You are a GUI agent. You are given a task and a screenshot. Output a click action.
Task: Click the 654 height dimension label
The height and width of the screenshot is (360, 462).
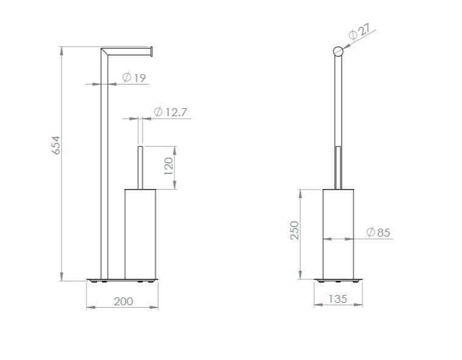(56, 145)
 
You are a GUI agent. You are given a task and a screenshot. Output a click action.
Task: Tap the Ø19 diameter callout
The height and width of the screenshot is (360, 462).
(134, 78)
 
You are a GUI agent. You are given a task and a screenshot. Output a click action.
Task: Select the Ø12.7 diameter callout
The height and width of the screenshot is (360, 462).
(170, 112)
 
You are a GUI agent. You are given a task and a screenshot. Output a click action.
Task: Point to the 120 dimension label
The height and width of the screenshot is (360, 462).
(168, 166)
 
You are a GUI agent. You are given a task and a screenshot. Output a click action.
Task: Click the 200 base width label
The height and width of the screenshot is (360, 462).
(123, 302)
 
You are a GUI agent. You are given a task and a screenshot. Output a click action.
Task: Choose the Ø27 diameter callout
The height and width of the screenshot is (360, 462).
(359, 31)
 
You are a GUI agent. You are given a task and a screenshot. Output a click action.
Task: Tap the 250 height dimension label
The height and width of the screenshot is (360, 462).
(294, 230)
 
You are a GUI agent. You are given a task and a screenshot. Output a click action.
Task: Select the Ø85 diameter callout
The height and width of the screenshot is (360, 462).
(378, 232)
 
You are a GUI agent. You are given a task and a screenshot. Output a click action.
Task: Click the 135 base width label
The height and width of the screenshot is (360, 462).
(337, 299)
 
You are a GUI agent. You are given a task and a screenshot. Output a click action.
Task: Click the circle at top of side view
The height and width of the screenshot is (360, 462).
(338, 51)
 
